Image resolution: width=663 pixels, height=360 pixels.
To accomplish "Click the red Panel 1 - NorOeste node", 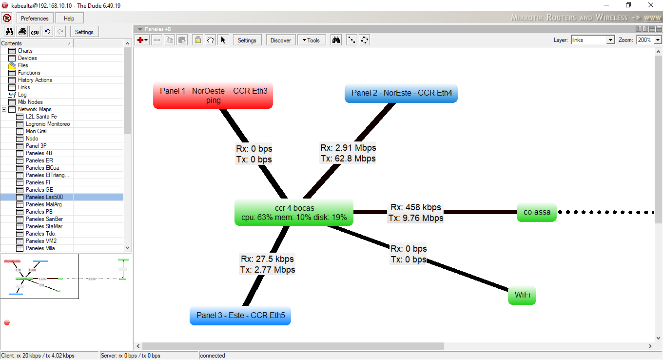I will pos(213,95).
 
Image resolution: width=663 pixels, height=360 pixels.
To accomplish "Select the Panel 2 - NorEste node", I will pos(401,93).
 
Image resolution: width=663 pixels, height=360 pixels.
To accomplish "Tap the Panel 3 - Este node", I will pos(240,315).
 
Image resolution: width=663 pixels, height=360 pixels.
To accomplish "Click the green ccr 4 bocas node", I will pos(294,213).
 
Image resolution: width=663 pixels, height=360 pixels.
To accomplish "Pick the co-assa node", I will pos(536,212).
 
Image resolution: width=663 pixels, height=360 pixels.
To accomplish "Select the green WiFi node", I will pos(522,295).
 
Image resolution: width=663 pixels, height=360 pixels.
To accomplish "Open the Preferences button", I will pos(35,19).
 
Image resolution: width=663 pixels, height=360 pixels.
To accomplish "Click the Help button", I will pos(69,19).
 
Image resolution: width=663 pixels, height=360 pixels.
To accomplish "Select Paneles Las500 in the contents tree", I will pos(44,197).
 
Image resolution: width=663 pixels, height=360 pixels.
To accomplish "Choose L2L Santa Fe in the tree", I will pos(41,117).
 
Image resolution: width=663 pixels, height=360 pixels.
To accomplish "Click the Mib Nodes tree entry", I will pos(30,102).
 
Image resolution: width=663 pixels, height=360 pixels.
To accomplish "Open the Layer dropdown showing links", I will pos(592,40).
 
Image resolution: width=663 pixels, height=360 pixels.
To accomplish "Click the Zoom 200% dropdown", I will pos(649,40).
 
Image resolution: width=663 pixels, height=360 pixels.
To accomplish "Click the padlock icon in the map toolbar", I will pos(197,40).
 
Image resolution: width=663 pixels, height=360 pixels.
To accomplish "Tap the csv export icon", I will pos(35,32).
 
